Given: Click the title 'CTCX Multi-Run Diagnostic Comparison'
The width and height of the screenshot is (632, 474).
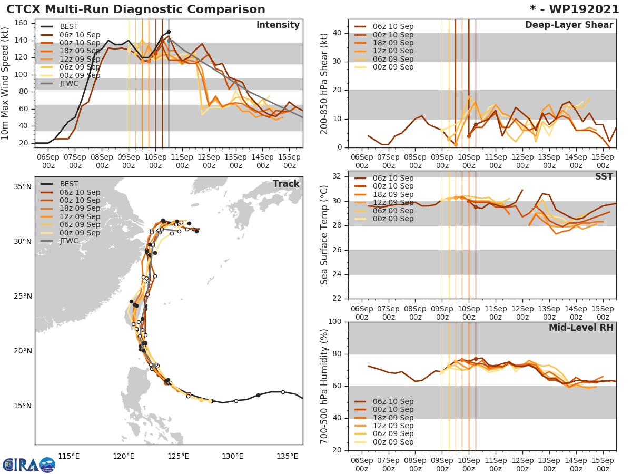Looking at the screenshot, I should pyautogui.click(x=136, y=9).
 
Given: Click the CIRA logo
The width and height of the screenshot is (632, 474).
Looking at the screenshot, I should pyautogui.click(x=28, y=465).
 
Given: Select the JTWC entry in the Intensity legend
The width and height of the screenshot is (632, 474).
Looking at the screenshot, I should pyautogui.click(x=69, y=83).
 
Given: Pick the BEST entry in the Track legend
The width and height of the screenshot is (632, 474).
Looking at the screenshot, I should pyautogui.click(x=69, y=184).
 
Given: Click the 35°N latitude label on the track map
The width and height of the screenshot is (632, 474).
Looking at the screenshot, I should pyautogui.click(x=23, y=187).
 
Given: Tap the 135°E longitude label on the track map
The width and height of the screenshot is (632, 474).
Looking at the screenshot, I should pyautogui.click(x=288, y=456).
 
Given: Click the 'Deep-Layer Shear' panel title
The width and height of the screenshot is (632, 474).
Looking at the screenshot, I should pyautogui.click(x=569, y=25).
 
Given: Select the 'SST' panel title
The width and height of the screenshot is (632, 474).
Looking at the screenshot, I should pyautogui.click(x=604, y=176).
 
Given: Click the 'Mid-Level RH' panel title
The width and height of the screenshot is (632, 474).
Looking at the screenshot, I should pyautogui.click(x=581, y=328).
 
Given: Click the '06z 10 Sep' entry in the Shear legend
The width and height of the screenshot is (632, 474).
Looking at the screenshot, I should pyautogui.click(x=392, y=26).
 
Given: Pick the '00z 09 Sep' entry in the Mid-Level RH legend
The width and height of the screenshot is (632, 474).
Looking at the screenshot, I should pyautogui.click(x=392, y=442).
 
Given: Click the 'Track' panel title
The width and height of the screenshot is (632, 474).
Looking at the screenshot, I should pyautogui.click(x=286, y=184).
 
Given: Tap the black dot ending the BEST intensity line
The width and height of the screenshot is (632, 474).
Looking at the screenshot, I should pyautogui.click(x=169, y=32).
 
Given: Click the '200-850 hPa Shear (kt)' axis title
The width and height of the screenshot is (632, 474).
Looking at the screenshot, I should pyautogui.click(x=324, y=83).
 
